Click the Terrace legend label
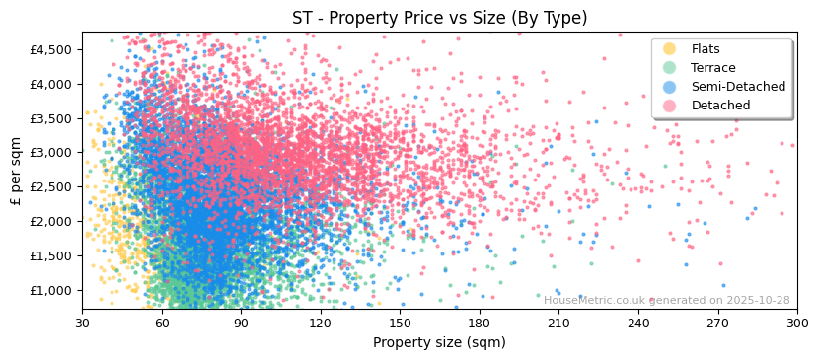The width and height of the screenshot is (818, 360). [x=713, y=68]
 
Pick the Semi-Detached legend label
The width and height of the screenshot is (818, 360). [x=738, y=87]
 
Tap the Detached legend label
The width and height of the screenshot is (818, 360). [x=719, y=106]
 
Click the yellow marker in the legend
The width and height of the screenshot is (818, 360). [x=670, y=49]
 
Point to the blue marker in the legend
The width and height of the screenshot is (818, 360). [x=670, y=87]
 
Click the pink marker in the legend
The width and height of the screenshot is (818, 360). [x=670, y=106]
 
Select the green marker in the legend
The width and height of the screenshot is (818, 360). [x=670, y=68]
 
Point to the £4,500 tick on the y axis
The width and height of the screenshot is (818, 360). [x=51, y=49]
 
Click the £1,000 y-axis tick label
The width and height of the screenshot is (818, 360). [x=51, y=290]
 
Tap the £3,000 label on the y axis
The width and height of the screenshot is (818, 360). [x=51, y=153]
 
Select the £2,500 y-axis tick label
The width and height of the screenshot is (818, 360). [x=51, y=187]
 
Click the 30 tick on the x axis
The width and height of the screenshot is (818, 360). [x=82, y=324]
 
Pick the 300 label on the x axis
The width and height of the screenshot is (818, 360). [x=797, y=324]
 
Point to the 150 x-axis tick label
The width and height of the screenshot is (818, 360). [x=400, y=324]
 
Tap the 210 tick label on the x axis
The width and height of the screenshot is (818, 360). [x=558, y=324]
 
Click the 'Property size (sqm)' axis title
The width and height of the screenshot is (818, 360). [x=439, y=343]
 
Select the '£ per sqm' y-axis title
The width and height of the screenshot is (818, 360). [x=17, y=171]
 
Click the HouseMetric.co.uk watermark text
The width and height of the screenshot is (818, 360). [x=666, y=301]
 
